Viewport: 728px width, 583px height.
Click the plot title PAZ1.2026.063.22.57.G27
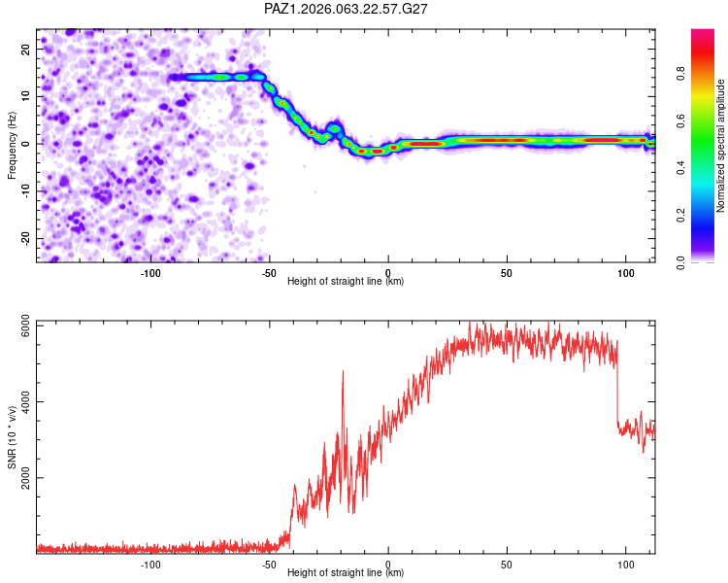coord(347,9)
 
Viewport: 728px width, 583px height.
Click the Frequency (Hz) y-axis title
coord(13,146)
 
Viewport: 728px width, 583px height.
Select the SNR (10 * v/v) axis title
coord(13,437)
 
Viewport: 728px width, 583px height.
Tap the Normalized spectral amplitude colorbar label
coord(721,146)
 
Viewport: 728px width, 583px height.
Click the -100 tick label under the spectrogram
coord(150,273)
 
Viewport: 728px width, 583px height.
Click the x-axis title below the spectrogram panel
coord(346,282)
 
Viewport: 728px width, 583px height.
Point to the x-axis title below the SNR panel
coord(346,573)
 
